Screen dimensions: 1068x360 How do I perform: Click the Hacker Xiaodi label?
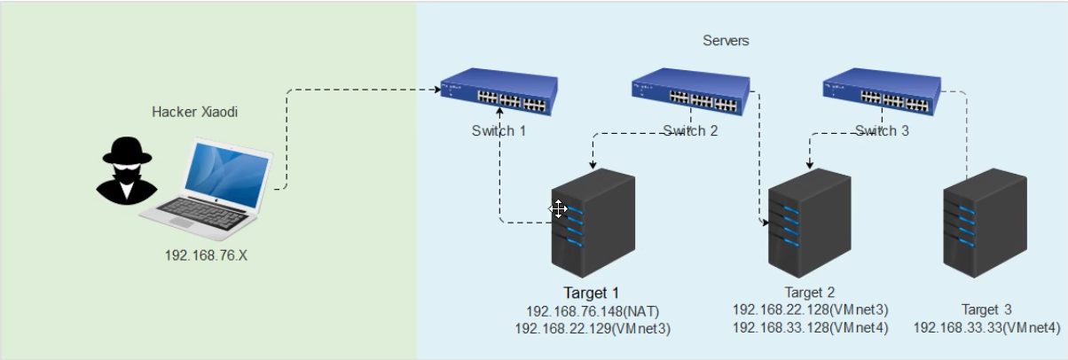point(194,112)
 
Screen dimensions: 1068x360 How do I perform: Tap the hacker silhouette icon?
point(126,171)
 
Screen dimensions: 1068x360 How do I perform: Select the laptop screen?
point(226,175)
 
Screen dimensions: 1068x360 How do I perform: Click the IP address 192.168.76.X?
point(206,255)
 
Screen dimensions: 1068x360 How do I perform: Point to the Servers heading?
point(726,41)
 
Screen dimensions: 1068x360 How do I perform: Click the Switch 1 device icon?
point(499,91)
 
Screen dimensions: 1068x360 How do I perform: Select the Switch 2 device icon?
point(690,91)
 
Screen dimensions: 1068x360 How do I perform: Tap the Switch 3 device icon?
point(882,91)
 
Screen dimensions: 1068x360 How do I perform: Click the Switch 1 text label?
point(499,130)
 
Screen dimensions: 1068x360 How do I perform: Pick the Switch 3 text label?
point(882,130)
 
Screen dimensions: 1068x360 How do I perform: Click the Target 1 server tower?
point(593,223)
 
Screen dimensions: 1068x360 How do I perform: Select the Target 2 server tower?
point(810,223)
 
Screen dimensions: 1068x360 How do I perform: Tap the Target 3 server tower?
point(985,223)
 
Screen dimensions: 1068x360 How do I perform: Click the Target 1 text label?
point(591,293)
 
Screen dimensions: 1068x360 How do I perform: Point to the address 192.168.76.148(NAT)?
point(593,311)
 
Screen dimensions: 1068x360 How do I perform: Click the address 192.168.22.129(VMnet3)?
point(593,329)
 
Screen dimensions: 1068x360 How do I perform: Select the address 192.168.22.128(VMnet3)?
point(810,310)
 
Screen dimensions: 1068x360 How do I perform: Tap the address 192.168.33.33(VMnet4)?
point(986,327)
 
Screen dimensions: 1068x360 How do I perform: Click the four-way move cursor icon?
point(558,209)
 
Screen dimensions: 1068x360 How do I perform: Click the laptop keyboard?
point(202,214)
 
